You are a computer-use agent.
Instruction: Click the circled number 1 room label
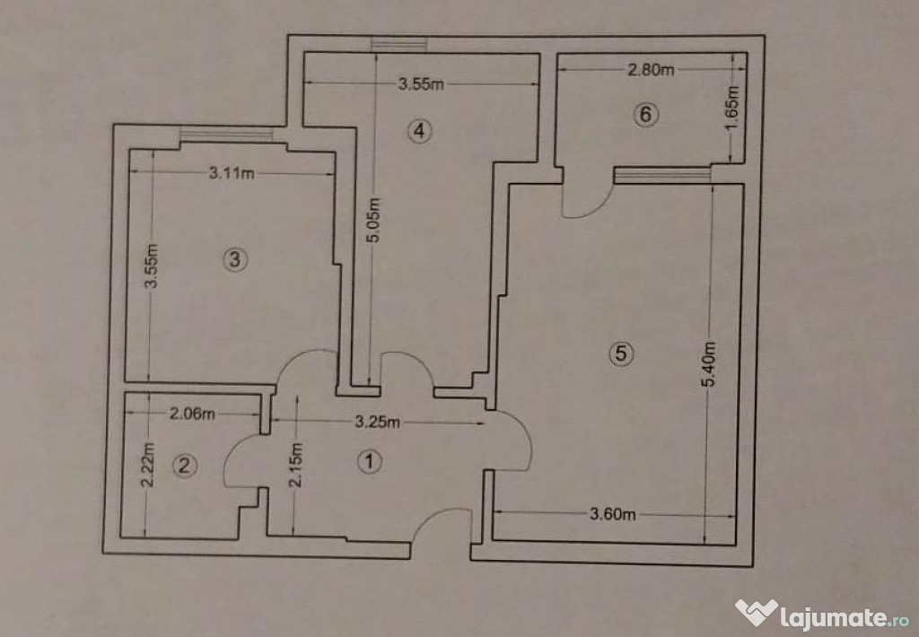pyautogui.click(x=369, y=461)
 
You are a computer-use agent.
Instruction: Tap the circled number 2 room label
pyautogui.click(x=185, y=466)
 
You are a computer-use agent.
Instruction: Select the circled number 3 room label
pyautogui.click(x=235, y=259)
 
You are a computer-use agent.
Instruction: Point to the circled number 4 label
pyautogui.click(x=420, y=131)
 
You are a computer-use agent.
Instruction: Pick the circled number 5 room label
pyautogui.click(x=621, y=353)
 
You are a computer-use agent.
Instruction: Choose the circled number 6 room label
pyautogui.click(x=646, y=114)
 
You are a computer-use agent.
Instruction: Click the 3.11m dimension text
pyautogui.click(x=232, y=173)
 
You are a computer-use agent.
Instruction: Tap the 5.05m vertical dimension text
pyautogui.click(x=374, y=220)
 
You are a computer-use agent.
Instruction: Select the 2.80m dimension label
pyautogui.click(x=651, y=70)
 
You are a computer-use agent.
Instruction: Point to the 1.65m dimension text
pyautogui.click(x=731, y=109)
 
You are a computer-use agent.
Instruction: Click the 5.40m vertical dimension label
pyautogui.click(x=708, y=364)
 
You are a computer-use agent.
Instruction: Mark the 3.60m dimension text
pyautogui.click(x=612, y=514)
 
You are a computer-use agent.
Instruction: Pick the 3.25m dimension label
pyautogui.click(x=378, y=422)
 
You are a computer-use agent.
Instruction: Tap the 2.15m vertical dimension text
pyautogui.click(x=296, y=466)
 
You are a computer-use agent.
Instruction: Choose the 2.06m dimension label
pyautogui.click(x=192, y=414)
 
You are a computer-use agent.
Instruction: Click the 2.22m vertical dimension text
pyautogui.click(x=148, y=466)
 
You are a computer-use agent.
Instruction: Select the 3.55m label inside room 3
pyautogui.click(x=151, y=266)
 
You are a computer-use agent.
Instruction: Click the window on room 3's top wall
pyautogui.click(x=226, y=135)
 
